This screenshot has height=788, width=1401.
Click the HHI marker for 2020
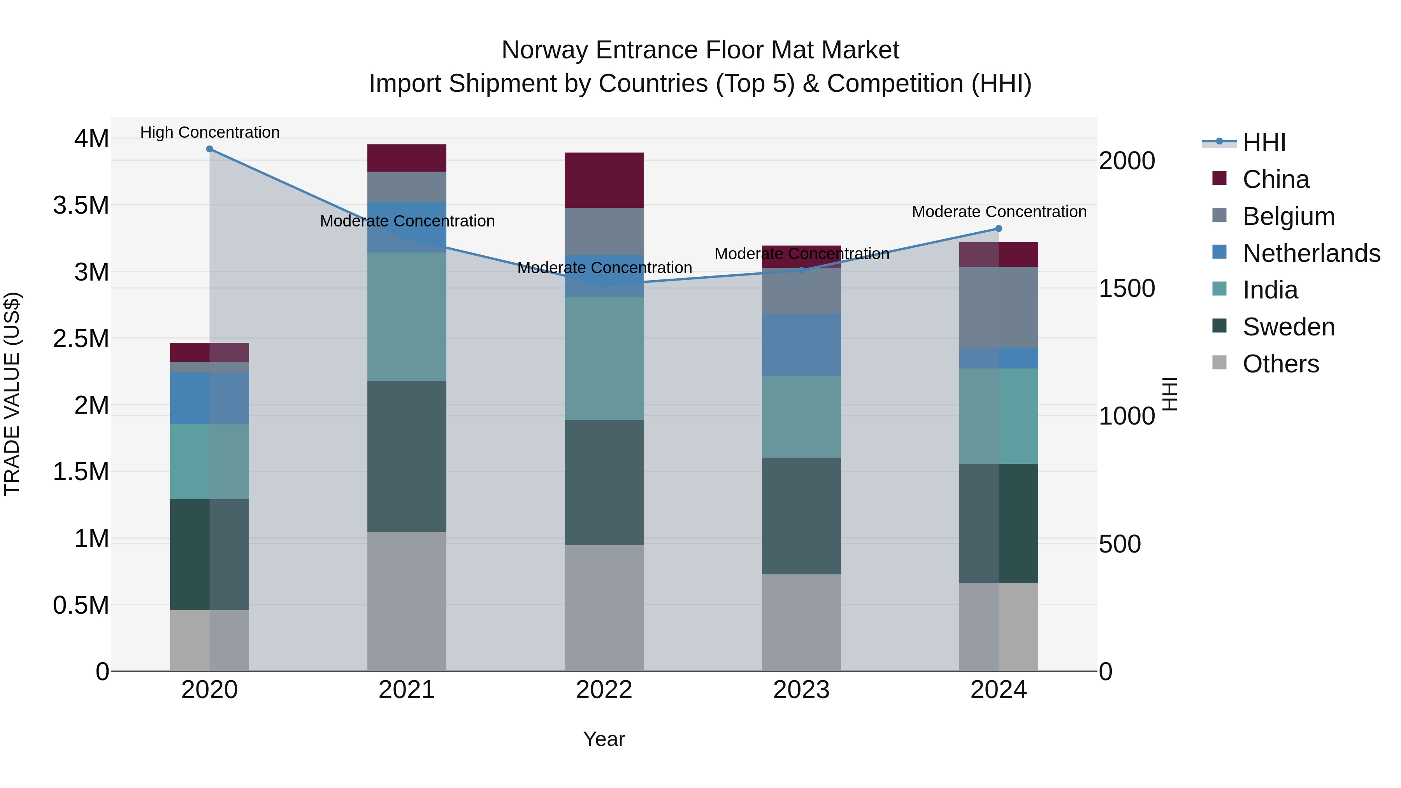click(x=209, y=149)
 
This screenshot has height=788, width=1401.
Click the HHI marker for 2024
click(x=999, y=228)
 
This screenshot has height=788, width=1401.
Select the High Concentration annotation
click(x=210, y=132)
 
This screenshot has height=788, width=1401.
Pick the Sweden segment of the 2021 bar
click(x=407, y=456)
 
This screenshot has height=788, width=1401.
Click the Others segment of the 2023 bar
click(x=801, y=623)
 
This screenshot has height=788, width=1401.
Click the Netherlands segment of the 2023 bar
click(x=801, y=345)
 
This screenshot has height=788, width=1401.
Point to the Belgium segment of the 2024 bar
click(x=999, y=307)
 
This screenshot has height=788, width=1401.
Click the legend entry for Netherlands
click(x=1311, y=253)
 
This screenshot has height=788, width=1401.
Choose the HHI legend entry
click(x=1264, y=142)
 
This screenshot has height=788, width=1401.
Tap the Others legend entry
click(x=1281, y=364)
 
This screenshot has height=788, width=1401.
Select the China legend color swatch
click(x=1219, y=178)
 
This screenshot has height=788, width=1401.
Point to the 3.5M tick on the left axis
click(x=81, y=205)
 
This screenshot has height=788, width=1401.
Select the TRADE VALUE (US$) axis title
click(x=12, y=394)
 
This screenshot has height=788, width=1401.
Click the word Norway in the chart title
click(x=544, y=50)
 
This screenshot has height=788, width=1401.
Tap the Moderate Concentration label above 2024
click(x=999, y=212)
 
